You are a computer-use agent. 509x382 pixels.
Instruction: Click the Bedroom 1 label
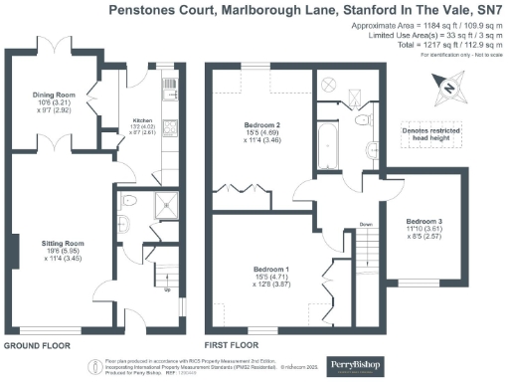270,270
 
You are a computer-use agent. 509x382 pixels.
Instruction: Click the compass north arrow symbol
449,91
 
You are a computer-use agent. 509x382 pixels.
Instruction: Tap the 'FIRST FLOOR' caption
231,345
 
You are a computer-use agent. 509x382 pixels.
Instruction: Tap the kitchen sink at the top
168,85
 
